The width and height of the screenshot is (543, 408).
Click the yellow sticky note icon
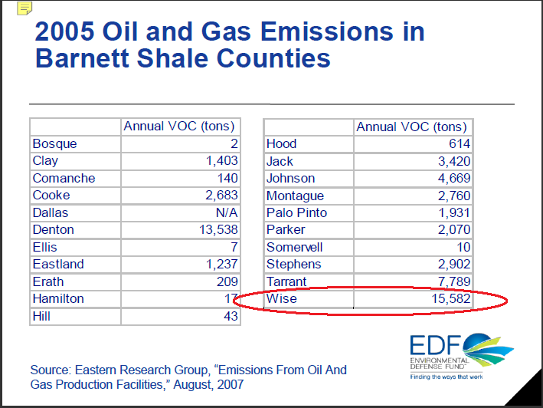click(x=25, y=8)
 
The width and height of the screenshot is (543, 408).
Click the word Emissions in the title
click(x=326, y=31)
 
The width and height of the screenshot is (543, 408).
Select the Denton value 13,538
click(x=218, y=229)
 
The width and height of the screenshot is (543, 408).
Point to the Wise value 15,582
click(x=450, y=298)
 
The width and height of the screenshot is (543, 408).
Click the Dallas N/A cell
click(x=227, y=212)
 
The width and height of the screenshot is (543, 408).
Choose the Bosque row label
click(x=54, y=144)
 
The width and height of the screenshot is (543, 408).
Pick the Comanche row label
click(x=64, y=178)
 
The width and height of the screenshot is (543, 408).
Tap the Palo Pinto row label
click(x=296, y=212)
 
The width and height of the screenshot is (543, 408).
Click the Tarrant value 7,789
click(x=454, y=281)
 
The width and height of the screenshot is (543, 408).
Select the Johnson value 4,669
click(x=454, y=178)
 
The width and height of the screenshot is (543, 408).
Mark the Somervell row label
click(x=294, y=247)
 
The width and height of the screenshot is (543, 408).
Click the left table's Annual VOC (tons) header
click(x=179, y=127)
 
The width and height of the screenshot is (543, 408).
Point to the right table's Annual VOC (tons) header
click(x=411, y=127)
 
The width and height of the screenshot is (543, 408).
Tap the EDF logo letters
click(x=435, y=345)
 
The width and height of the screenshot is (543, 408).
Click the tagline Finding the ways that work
click(x=447, y=377)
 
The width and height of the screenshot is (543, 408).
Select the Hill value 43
click(x=231, y=316)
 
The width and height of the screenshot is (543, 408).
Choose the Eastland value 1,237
click(x=221, y=264)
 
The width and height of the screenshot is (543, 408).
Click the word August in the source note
click(x=192, y=385)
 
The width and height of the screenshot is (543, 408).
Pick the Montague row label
click(x=295, y=196)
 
